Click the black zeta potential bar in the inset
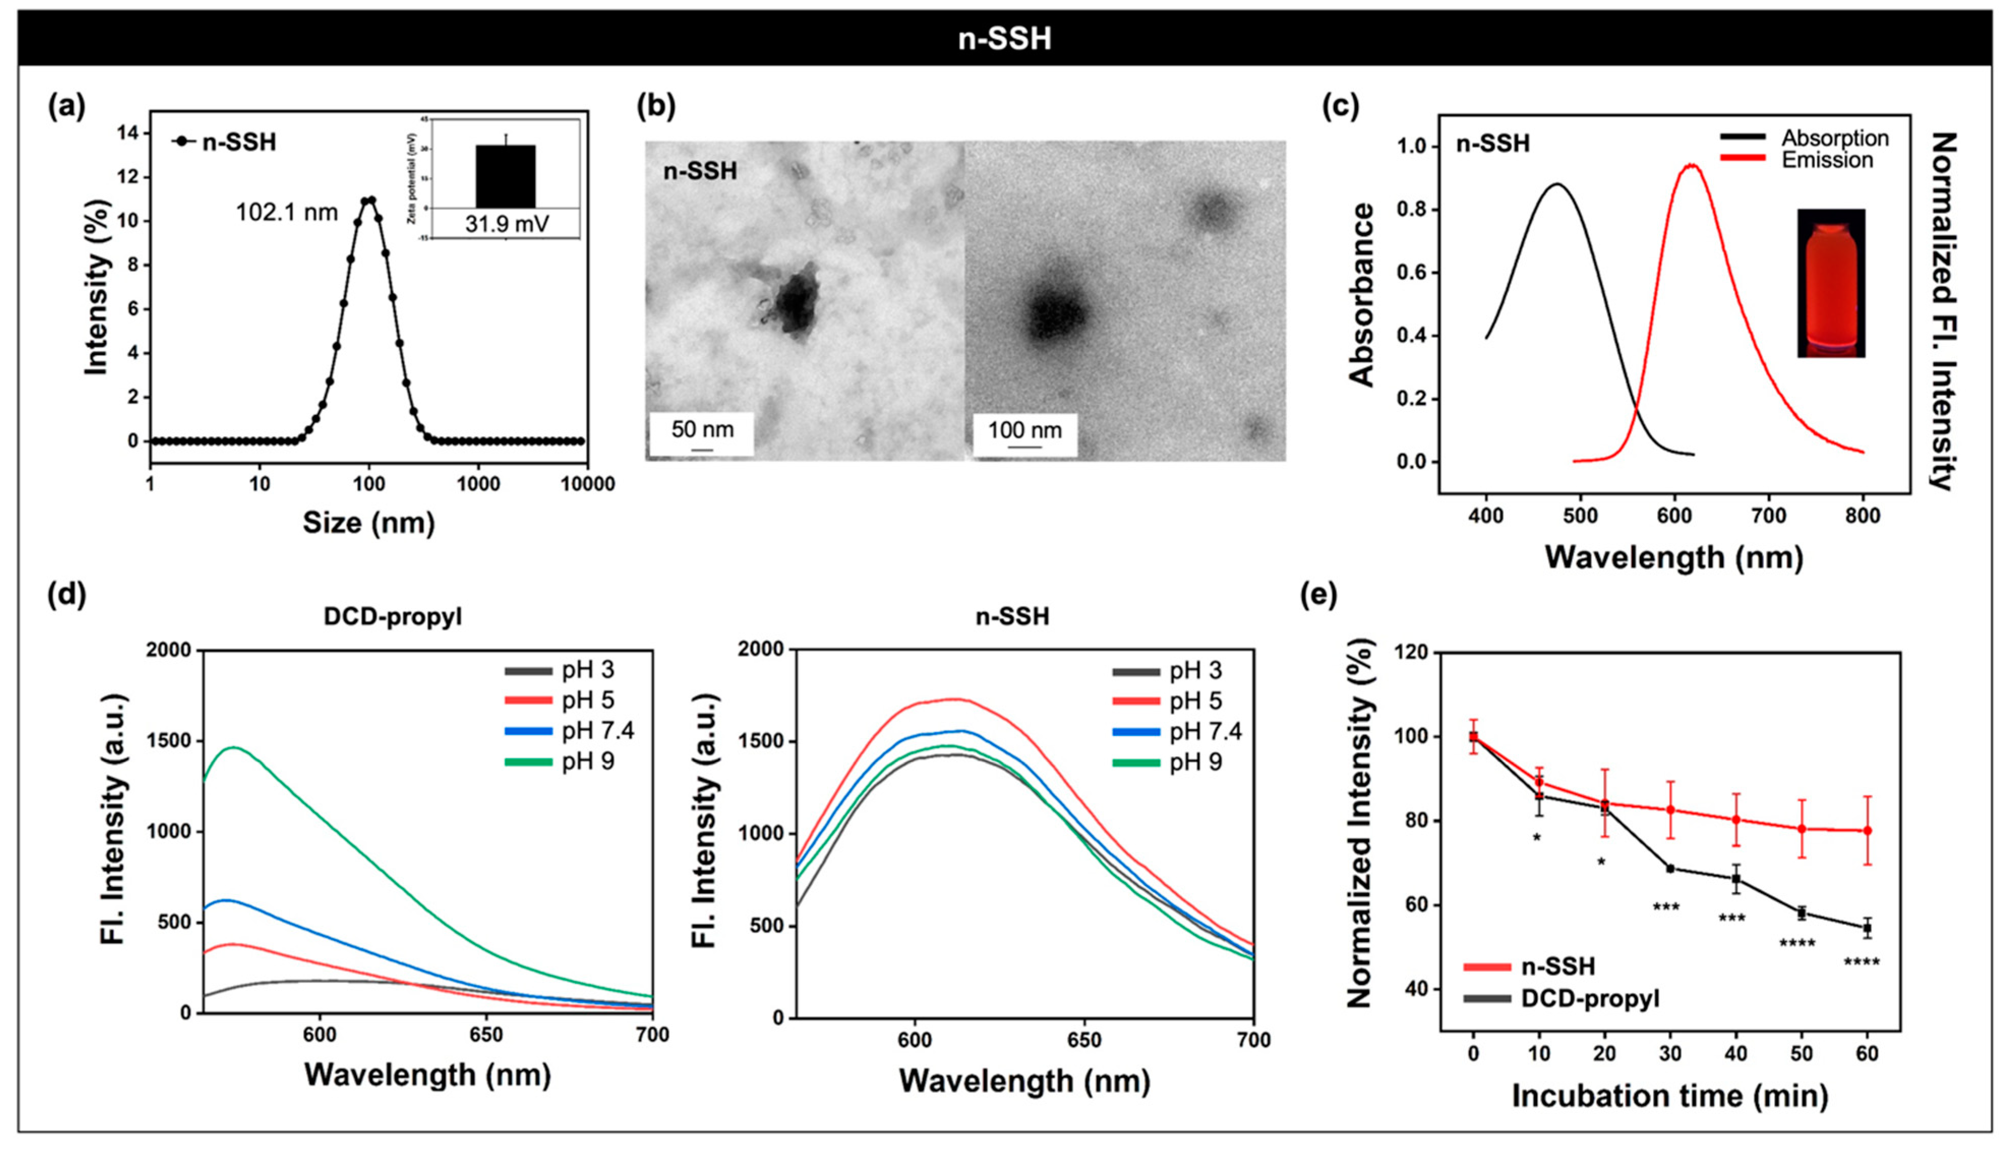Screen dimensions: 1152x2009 pyautogui.click(x=505, y=176)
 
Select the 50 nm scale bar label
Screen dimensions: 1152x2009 pyautogui.click(x=702, y=430)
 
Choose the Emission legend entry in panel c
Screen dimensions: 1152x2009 pyautogui.click(x=1827, y=161)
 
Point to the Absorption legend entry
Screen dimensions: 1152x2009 pyautogui.click(x=1834, y=138)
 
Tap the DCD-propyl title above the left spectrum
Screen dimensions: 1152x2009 pyautogui.click(x=393, y=616)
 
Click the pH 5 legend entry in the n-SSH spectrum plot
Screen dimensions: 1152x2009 pyautogui.click(x=1195, y=701)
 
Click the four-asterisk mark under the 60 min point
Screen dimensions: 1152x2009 pyautogui.click(x=1861, y=963)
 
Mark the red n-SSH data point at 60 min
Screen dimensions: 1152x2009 pyautogui.click(x=1868, y=831)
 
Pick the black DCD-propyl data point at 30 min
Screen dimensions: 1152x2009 pyautogui.click(x=1670, y=869)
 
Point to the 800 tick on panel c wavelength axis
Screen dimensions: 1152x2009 pyautogui.click(x=1863, y=516)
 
